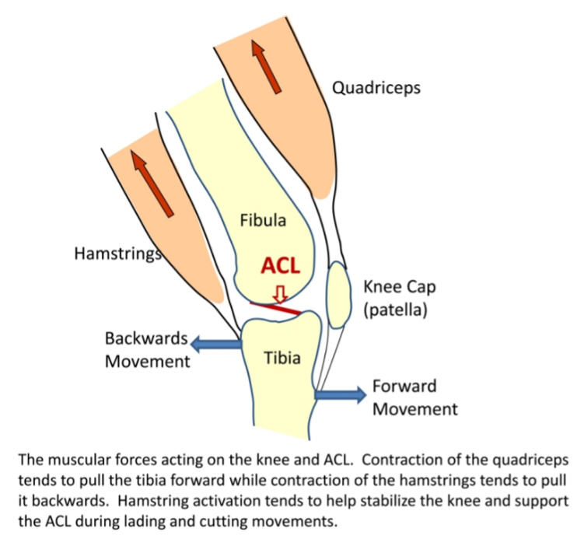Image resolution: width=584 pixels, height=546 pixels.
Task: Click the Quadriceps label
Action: click(376, 87)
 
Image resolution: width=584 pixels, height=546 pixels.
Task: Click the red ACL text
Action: click(281, 265)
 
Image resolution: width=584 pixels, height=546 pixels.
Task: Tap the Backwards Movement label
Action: click(147, 349)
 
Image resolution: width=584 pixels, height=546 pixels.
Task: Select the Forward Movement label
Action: click(414, 397)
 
